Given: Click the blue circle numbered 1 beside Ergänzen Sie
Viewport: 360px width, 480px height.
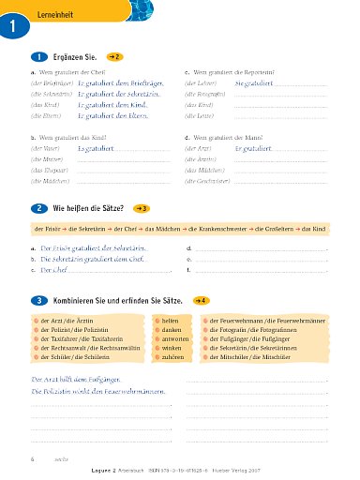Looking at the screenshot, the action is click(x=37, y=57).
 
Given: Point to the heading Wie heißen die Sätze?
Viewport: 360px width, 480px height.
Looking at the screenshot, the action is click(x=91, y=207).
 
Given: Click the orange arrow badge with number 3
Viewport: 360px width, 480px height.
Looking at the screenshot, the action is click(x=142, y=207).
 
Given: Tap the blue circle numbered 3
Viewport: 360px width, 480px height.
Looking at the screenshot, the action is click(x=37, y=301).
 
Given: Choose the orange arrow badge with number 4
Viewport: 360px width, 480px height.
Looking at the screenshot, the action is click(x=200, y=301).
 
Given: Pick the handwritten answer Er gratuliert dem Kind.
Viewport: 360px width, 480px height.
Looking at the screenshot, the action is click(x=108, y=106).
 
